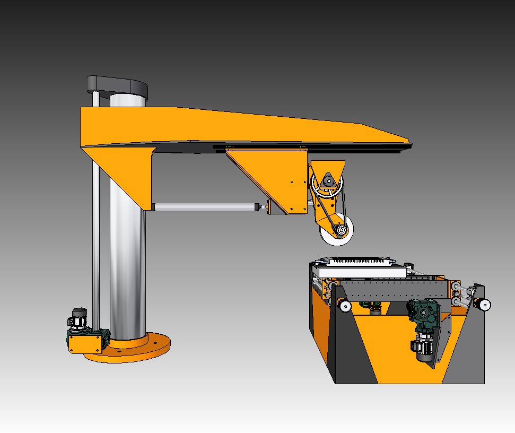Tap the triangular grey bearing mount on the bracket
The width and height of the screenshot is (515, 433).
[329, 180]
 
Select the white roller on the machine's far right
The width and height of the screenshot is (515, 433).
[484, 304]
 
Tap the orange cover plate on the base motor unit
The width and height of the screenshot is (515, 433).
[84, 343]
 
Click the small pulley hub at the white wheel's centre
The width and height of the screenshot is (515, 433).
[340, 230]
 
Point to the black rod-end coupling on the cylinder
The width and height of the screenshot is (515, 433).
[259, 207]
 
